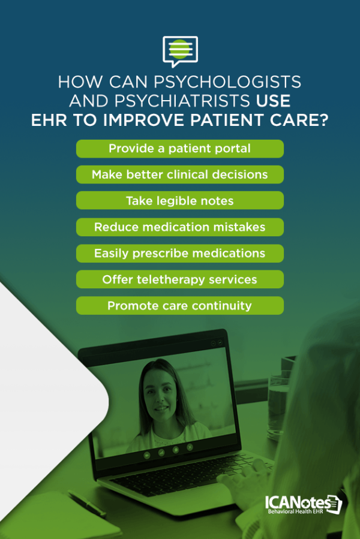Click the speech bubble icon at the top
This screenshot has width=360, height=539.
[x=180, y=51]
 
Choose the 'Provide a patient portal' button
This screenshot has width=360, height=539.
[x=180, y=149]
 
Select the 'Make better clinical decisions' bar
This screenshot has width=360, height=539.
[x=180, y=174]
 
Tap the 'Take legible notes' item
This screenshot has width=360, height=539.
[x=180, y=201]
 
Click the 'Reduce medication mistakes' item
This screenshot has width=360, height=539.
[x=180, y=227]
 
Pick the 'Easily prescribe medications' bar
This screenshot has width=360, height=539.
[x=180, y=254]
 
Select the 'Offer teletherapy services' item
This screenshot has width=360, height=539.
[x=180, y=279]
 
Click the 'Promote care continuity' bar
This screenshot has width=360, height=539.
[x=180, y=306]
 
